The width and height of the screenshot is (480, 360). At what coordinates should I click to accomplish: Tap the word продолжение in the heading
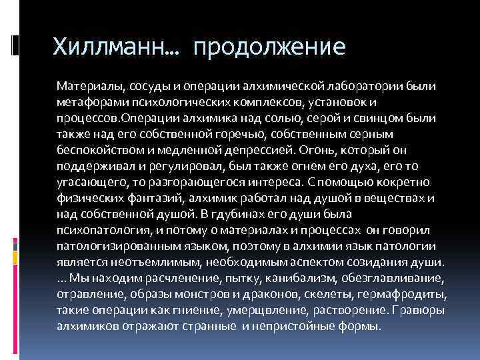click(x=269, y=48)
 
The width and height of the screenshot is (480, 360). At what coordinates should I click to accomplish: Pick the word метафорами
click(x=87, y=102)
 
